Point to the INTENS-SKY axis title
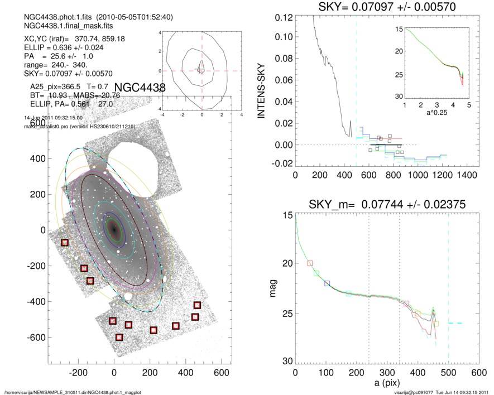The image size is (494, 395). (261, 90)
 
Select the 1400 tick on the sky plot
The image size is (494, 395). (466, 175)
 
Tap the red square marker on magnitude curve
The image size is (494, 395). (310, 263)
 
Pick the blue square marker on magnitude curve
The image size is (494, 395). (327, 283)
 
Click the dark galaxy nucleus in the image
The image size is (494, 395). (114, 229)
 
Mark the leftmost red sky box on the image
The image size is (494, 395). (65, 242)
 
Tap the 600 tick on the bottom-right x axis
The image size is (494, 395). (478, 372)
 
